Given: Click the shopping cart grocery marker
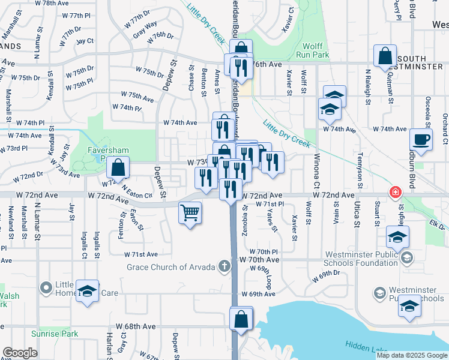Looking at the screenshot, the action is click(190, 212).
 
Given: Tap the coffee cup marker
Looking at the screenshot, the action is click(421, 140).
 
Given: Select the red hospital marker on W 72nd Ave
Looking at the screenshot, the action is click(395, 193).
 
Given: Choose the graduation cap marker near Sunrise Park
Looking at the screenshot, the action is click(88, 292).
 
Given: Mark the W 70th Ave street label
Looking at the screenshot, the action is click(259, 260).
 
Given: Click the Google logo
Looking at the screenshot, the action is click(20, 353).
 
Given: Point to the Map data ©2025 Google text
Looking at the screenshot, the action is click(411, 355).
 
